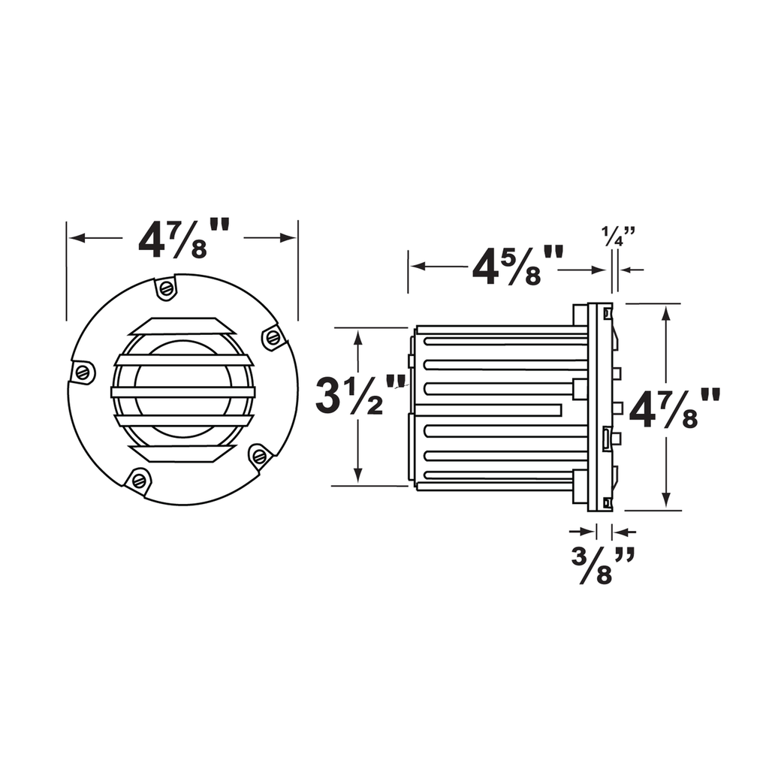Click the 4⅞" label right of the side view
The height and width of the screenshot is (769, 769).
point(674,408)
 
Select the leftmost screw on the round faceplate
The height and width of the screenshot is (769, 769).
point(83,372)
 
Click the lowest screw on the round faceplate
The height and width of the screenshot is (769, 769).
point(140,478)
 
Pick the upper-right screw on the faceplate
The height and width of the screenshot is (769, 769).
point(273,337)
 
